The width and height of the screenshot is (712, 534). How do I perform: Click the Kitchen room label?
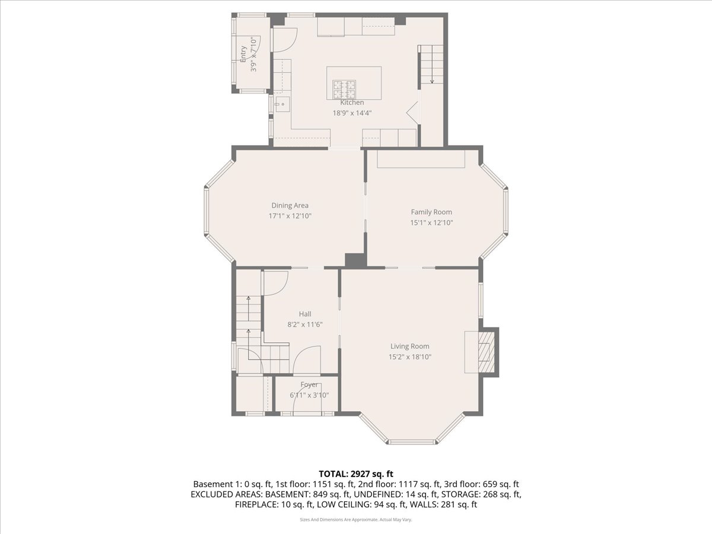[x=352, y=103]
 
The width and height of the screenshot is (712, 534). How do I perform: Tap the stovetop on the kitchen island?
[x=344, y=89]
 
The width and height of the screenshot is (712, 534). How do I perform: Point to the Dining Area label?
[x=290, y=205]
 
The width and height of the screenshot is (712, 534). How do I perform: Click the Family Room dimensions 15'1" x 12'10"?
[x=431, y=223]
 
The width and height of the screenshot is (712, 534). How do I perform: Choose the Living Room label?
[x=409, y=346]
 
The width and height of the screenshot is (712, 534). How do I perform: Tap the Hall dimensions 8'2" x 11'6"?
[x=305, y=325]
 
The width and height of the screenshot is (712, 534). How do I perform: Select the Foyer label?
[x=309, y=384]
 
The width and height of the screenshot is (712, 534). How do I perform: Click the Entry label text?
[x=243, y=54]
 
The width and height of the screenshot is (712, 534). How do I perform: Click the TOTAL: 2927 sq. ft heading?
[x=356, y=473]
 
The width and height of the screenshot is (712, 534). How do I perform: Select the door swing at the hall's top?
[x=275, y=282]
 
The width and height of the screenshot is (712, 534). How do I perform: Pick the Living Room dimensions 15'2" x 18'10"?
[x=409, y=357]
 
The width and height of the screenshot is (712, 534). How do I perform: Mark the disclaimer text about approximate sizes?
[x=356, y=519]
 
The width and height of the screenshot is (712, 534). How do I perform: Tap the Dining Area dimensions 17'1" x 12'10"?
[x=290, y=216]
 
